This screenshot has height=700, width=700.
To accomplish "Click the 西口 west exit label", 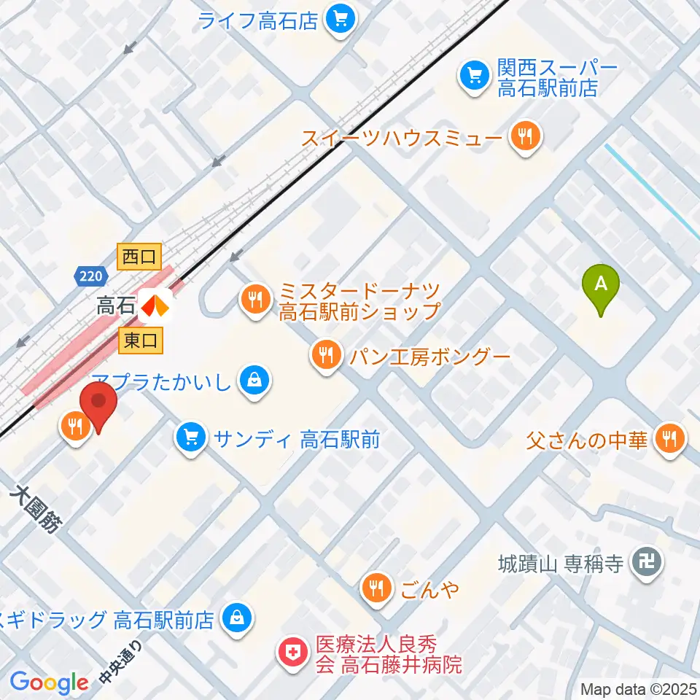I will coord(139,256).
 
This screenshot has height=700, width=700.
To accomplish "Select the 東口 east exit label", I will coord(139,340).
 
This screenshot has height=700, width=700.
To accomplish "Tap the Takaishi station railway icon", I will coord(155,306).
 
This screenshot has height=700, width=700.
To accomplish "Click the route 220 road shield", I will coord(91,276).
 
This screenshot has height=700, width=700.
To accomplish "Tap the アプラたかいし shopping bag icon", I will coord(255,381).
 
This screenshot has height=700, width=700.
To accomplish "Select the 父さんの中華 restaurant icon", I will coord(669,440).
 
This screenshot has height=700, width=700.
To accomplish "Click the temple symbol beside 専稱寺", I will coord(646,562).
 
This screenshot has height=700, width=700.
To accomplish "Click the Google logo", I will coord(49,682).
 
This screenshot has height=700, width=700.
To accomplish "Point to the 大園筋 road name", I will coord(36,510).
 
